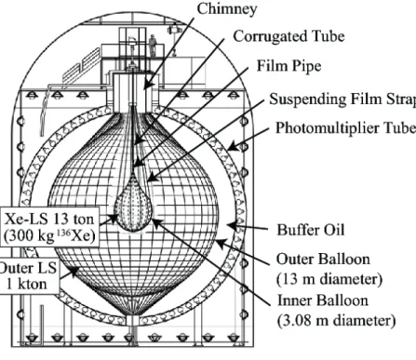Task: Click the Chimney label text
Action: (x=227, y=8)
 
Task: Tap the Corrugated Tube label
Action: (x=289, y=36)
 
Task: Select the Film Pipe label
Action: (x=289, y=66)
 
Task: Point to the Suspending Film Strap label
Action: (x=342, y=99)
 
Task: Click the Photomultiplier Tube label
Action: (x=345, y=127)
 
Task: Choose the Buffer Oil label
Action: (x=311, y=230)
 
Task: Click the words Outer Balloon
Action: (x=323, y=260)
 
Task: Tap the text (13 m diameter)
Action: (x=329, y=279)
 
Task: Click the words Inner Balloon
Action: (x=323, y=300)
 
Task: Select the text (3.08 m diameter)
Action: (x=336, y=320)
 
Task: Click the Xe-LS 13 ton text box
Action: (x=49, y=227)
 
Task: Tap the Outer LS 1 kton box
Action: (x=29, y=275)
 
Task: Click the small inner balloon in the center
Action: (x=134, y=205)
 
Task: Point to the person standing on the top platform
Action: (x=153, y=46)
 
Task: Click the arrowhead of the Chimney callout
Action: (x=148, y=85)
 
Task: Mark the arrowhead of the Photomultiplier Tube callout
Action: (x=234, y=147)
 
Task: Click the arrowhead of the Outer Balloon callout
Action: (x=220, y=243)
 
